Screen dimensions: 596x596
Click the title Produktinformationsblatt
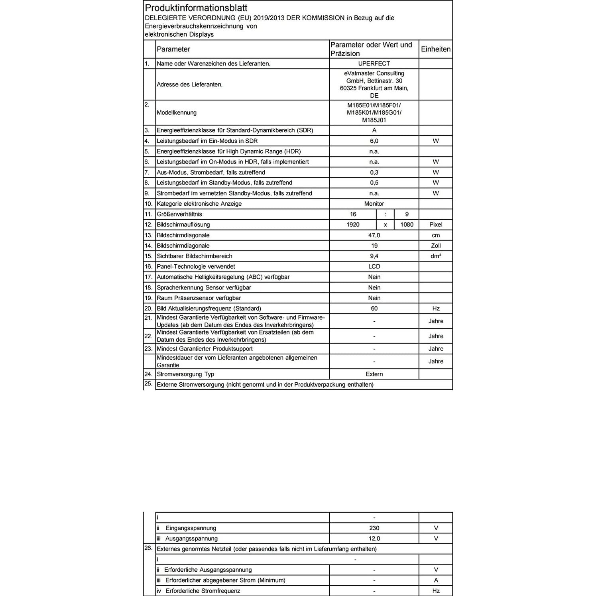tap(196, 8)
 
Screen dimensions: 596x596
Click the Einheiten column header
tap(436, 49)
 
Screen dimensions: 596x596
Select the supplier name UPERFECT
tap(374, 64)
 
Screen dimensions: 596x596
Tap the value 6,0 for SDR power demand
tap(374, 141)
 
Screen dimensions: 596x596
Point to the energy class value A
tap(374, 130)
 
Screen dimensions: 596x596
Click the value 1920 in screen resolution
tap(353, 225)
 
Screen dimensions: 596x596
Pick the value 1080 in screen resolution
tap(407, 225)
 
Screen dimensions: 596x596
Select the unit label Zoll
tap(436, 246)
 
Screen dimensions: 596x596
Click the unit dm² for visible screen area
tap(436, 256)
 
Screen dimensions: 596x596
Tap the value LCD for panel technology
tap(374, 267)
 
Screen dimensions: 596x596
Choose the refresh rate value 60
tap(374, 309)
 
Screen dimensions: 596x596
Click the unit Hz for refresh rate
tap(436, 309)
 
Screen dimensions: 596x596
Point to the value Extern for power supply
tap(374, 374)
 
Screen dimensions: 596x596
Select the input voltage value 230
tap(374, 528)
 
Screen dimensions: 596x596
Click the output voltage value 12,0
tap(374, 539)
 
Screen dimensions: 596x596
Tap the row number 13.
tap(149, 235)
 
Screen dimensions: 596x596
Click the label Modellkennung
tap(177, 113)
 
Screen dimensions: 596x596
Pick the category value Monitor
tap(374, 204)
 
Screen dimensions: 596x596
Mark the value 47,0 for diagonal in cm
tap(374, 236)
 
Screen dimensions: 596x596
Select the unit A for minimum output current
tap(436, 580)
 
